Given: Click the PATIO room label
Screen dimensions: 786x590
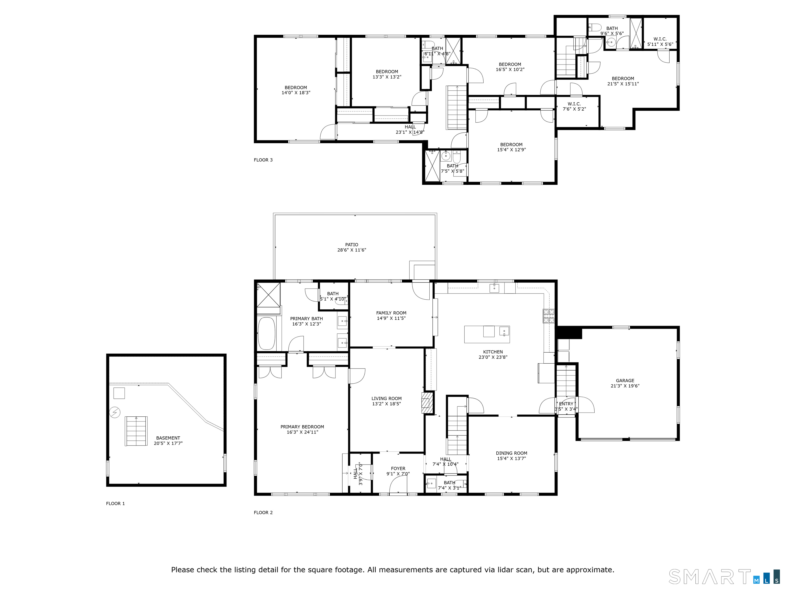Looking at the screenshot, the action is point(352,245).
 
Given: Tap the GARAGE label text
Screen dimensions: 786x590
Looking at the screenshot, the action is point(625,381).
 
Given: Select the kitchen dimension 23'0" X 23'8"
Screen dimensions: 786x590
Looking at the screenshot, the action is point(493,357).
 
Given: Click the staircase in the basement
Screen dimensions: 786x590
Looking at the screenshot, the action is point(136,431).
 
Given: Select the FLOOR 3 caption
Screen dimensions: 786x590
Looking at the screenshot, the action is point(263,160).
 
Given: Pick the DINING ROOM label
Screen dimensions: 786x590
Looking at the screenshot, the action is point(511,453).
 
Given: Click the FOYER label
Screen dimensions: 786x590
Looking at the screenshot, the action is point(398,468).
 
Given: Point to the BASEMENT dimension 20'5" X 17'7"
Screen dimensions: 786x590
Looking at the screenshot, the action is point(168,443).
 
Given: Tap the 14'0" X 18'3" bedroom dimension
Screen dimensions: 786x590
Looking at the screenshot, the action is point(296,92).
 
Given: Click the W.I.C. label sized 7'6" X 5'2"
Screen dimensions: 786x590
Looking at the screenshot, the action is point(574,104).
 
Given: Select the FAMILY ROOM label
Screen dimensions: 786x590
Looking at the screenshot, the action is point(391,313).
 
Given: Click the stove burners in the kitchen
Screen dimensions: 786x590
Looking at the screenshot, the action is point(548,316).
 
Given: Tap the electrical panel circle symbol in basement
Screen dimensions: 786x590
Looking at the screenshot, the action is point(115,412).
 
